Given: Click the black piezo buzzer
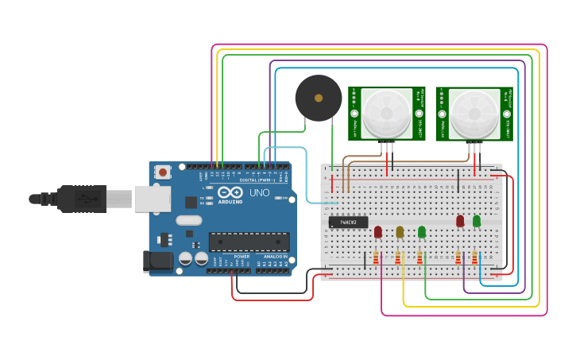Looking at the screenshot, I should pyautogui.click(x=319, y=98).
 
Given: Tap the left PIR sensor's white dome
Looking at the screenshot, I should pyautogui.click(x=386, y=113).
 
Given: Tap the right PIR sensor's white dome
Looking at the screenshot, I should pyautogui.click(x=474, y=113).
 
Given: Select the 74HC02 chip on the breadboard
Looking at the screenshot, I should pyautogui.click(x=348, y=222).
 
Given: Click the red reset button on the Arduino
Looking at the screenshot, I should pyautogui.click(x=163, y=172).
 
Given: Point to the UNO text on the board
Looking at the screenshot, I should pyautogui.click(x=260, y=193).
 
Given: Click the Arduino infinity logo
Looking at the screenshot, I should pyautogui.click(x=230, y=193).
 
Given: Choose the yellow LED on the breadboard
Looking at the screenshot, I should pyautogui.click(x=400, y=231).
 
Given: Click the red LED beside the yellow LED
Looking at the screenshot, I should pyautogui.click(x=378, y=231).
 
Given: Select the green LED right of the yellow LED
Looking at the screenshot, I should pyautogui.click(x=422, y=231).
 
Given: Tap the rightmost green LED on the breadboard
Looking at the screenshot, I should pyautogui.click(x=477, y=221).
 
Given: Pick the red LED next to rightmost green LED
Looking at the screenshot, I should pyautogui.click(x=460, y=220).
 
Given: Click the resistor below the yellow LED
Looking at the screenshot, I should pyautogui.click(x=398, y=257).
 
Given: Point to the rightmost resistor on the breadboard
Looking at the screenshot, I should pyautogui.click(x=475, y=257).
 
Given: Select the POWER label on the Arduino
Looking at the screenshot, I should pyautogui.click(x=242, y=257).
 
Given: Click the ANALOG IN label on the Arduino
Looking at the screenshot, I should pyautogui.click(x=273, y=257).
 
